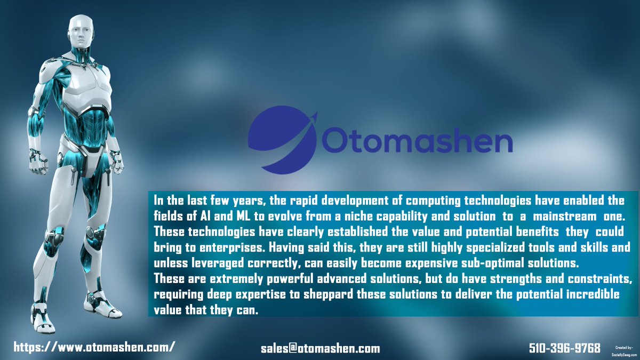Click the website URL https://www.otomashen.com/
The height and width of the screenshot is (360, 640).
[x=94, y=347]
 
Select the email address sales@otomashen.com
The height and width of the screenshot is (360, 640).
[x=320, y=349]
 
